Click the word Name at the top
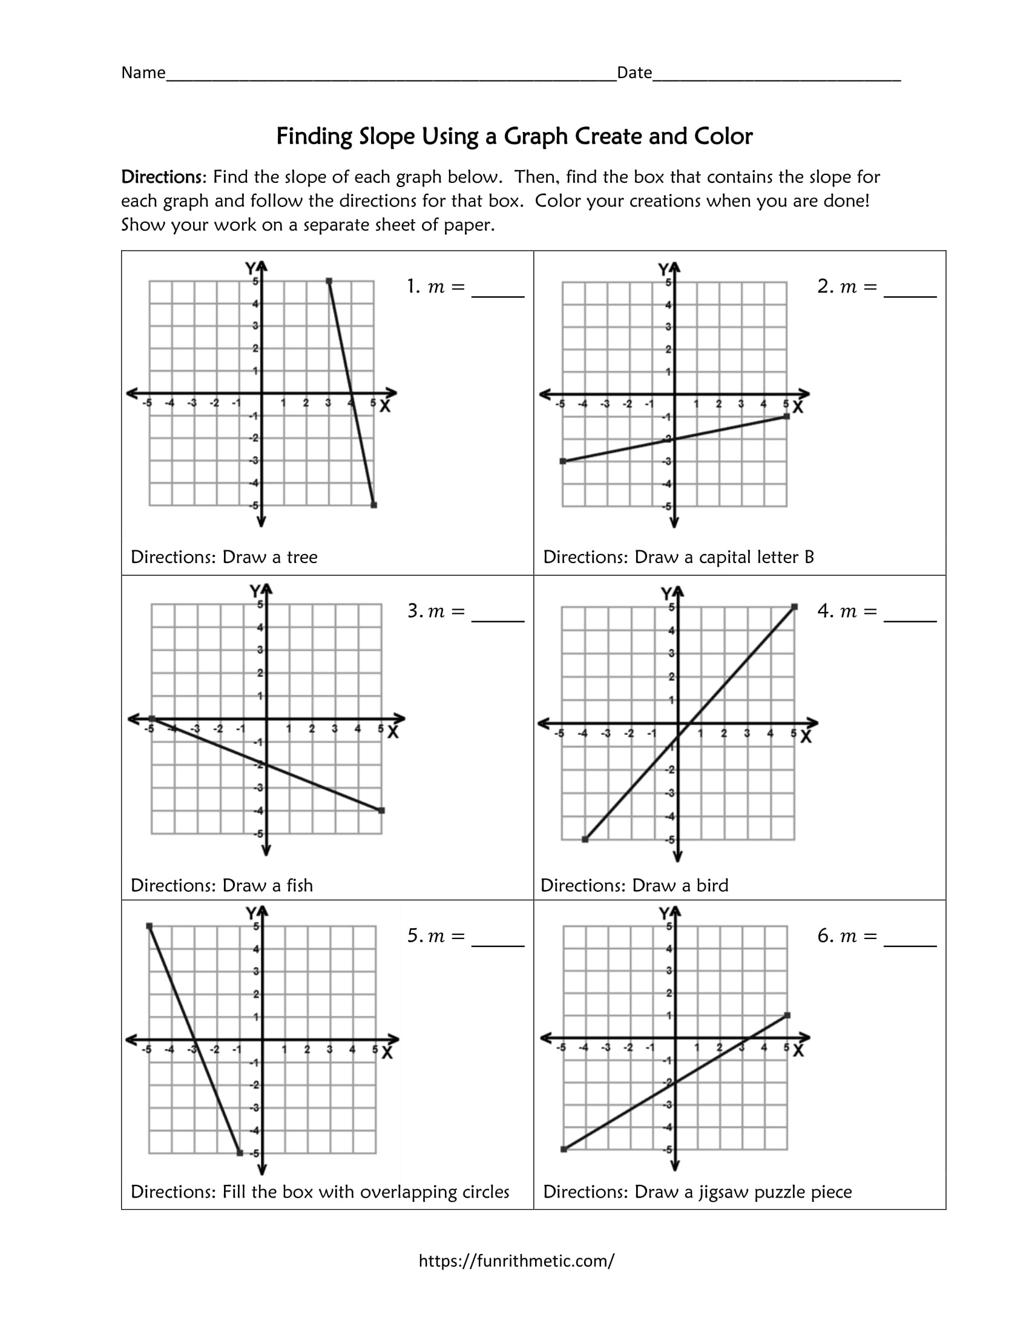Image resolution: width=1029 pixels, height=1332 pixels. point(143,73)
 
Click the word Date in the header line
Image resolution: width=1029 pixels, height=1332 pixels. point(634,73)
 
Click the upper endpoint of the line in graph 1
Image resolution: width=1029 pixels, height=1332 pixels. point(329,281)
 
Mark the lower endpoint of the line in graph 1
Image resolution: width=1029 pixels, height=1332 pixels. point(373,505)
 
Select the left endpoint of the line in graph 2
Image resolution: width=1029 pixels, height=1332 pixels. point(563,461)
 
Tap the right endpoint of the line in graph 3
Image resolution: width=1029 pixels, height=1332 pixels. point(381,811)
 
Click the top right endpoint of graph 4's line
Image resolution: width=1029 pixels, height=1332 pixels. point(794,607)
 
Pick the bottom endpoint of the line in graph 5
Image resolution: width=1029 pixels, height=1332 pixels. point(240,1153)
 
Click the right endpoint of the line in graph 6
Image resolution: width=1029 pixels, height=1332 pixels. point(787,1015)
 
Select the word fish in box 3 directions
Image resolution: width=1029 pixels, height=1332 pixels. point(298,885)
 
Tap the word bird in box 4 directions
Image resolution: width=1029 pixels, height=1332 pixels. point(712,885)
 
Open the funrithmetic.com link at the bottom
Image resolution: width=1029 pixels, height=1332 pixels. point(516,1261)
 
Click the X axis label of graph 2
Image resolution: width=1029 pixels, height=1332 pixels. point(798,407)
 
